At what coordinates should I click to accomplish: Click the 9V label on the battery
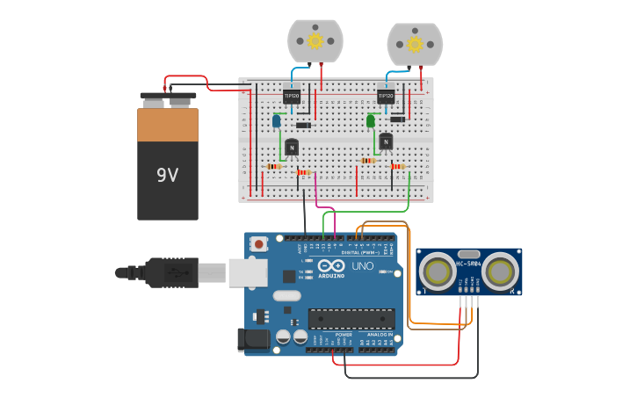tap(167, 175)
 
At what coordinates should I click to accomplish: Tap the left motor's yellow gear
tap(315, 40)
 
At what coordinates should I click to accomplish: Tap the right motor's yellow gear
tap(414, 42)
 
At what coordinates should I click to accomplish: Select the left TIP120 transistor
tap(292, 97)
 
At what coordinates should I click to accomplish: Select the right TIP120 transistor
tap(385, 97)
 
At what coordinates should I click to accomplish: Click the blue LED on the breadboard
tap(276, 121)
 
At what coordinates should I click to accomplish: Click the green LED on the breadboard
tap(371, 120)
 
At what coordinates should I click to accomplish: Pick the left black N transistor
tap(292, 148)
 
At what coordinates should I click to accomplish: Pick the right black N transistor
tap(386, 141)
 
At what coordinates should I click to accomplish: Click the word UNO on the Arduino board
tap(363, 265)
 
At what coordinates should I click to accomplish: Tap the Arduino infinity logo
tap(331, 265)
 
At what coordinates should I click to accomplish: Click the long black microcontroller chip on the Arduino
tap(351, 318)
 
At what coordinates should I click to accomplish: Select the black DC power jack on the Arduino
tap(253, 341)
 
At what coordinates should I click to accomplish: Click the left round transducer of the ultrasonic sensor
tap(438, 271)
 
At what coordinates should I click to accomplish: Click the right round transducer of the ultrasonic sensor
tap(498, 271)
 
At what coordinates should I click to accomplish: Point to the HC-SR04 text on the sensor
tap(468, 263)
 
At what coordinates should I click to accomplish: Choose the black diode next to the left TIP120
tap(303, 125)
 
